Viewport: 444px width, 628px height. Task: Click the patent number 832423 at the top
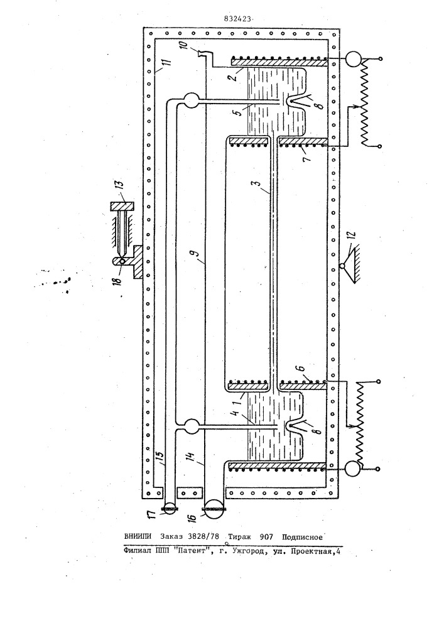[238, 18]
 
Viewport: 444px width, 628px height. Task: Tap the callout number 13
[120, 187]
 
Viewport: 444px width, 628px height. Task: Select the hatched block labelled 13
[122, 207]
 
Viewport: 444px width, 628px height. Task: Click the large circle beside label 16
[215, 510]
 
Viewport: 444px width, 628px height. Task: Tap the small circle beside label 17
[170, 509]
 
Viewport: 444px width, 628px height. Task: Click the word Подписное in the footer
[302, 537]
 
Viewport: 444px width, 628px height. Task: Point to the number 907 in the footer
[266, 537]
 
